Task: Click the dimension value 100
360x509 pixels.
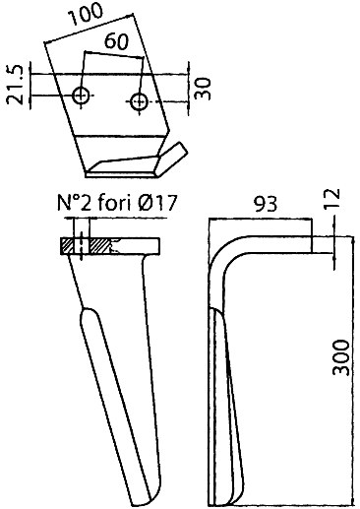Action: point(86,15)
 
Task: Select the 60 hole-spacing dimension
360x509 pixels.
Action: point(117,42)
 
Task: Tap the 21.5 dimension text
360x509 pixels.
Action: point(16,85)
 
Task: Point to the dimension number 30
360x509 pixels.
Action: point(203,89)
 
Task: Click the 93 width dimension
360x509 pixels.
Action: point(266,204)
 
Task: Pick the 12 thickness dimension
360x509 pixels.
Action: point(331,199)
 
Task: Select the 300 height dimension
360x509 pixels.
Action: point(341,357)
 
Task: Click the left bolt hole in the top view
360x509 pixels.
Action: point(81,95)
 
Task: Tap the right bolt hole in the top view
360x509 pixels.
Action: point(139,102)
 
